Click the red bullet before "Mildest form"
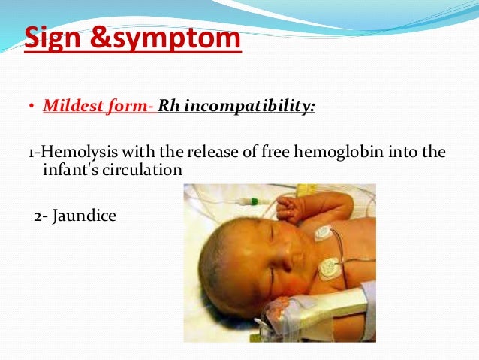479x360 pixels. pyautogui.click(x=32, y=106)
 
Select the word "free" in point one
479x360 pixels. pyautogui.click(x=279, y=153)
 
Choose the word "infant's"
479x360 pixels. pyautogui.click(x=65, y=170)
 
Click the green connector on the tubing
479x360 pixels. pyautogui.click(x=255, y=201)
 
